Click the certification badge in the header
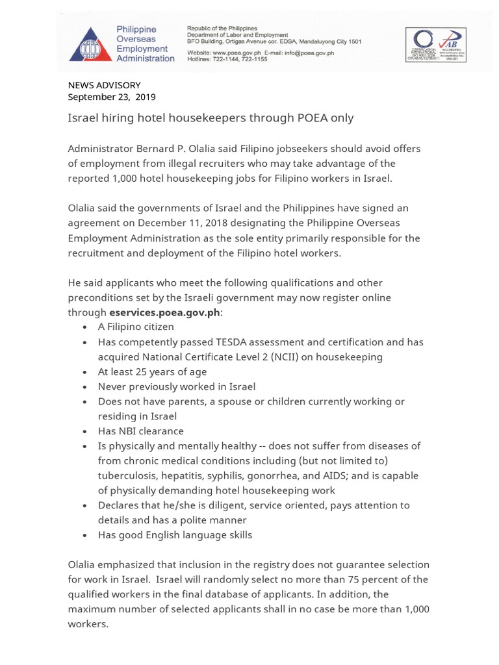tap(435, 44)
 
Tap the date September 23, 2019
tap(112, 97)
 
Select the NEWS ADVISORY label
tap(104, 85)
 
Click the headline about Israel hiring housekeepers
tap(211, 118)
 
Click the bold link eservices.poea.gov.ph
tap(165, 312)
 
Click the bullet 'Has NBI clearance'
tap(141, 431)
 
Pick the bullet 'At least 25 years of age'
tap(152, 371)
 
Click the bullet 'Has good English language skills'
tap(175, 535)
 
